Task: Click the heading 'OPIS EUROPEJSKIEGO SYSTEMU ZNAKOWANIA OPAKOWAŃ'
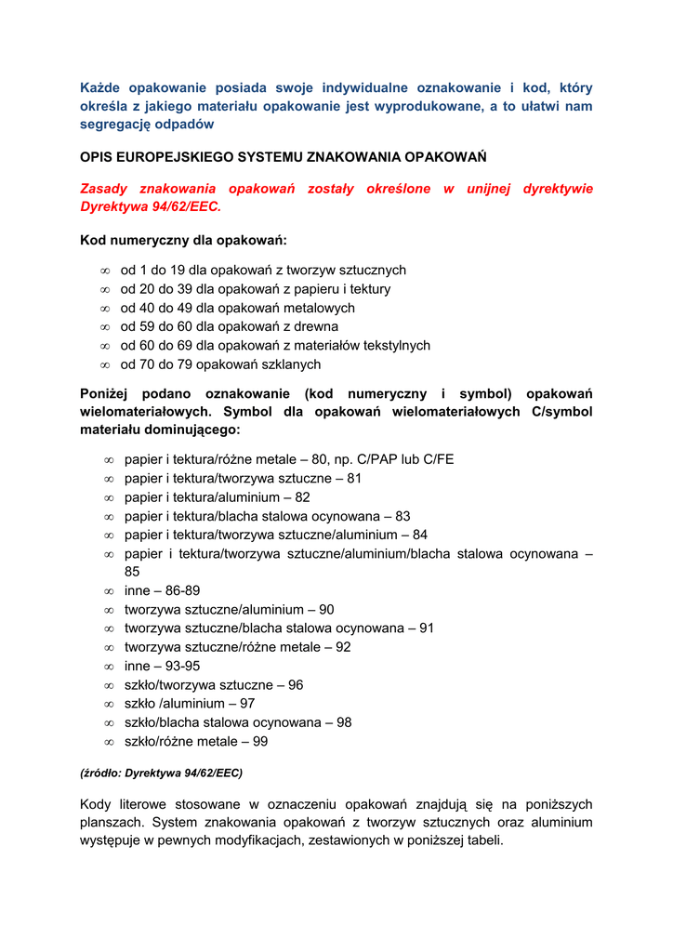284,157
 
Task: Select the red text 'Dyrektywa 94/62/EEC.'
151,206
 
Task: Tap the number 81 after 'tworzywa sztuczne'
354,478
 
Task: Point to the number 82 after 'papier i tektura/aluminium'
302,497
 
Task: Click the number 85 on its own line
132,572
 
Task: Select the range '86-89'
182,590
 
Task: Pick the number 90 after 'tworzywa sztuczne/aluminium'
326,610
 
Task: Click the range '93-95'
182,666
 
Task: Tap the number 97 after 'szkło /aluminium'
246,704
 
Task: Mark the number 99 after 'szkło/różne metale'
260,741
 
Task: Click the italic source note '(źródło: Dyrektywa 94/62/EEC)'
161,773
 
